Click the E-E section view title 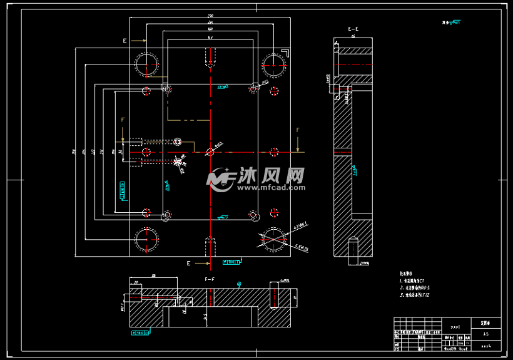(353, 29)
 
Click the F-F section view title (210, 278)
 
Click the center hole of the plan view (210, 151)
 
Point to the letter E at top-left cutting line (124, 40)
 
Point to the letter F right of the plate (298, 130)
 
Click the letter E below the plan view (188, 264)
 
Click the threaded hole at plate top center (210, 58)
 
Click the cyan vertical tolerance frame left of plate (122, 190)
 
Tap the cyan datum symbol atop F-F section (239, 284)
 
